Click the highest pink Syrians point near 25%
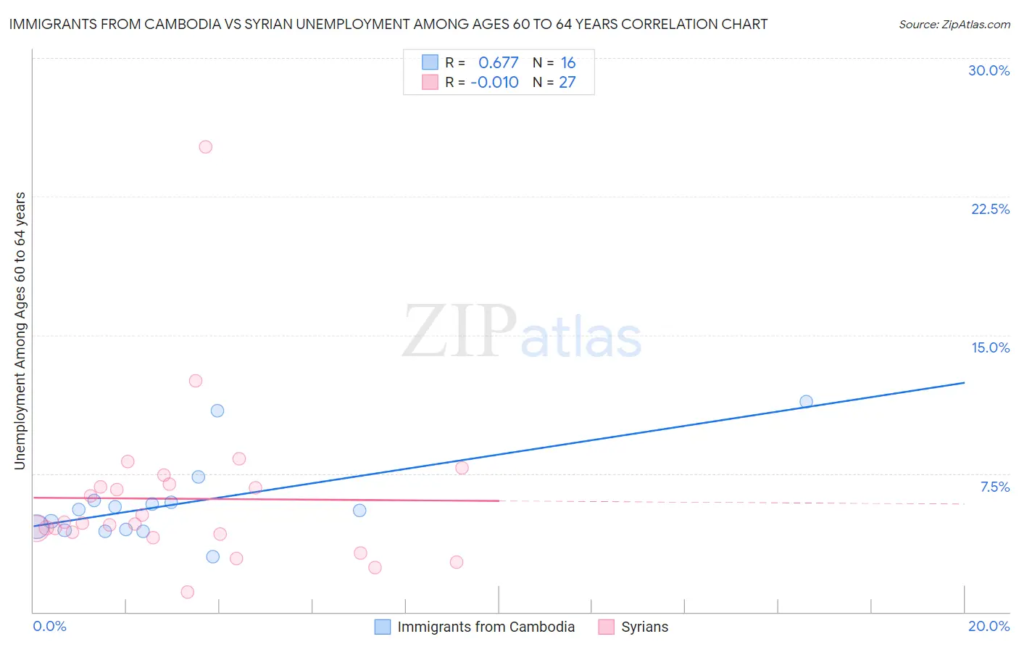click(205, 147)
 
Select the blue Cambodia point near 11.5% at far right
click(806, 401)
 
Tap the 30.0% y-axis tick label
click(989, 70)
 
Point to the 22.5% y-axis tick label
click(990, 209)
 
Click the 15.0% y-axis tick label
click(990, 347)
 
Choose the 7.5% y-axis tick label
click(994, 487)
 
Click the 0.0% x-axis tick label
click(49, 626)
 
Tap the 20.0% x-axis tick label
click(989, 626)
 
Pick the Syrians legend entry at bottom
click(644, 627)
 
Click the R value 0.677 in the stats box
click(498, 63)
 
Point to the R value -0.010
click(494, 83)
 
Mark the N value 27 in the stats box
click(567, 83)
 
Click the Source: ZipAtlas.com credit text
click(954, 25)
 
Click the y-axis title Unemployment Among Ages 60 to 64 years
click(20, 331)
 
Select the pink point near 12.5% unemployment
click(195, 381)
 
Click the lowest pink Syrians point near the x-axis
click(187, 592)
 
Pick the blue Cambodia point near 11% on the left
click(217, 411)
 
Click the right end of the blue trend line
click(964, 382)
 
